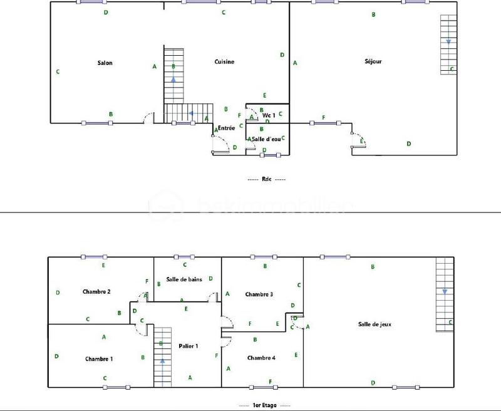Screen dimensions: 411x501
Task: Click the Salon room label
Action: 105,63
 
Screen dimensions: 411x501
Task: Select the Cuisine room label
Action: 224,61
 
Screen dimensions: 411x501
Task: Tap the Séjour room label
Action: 373,61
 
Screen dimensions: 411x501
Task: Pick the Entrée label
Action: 226,128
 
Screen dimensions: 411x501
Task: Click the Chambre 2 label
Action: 96,291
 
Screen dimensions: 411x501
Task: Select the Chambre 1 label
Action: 99,359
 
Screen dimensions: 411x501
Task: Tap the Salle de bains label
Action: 184,279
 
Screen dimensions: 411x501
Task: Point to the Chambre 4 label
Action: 261,358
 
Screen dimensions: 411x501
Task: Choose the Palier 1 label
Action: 189,346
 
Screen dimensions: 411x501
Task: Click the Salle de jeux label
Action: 375,324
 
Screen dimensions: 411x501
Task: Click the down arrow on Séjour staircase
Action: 448,42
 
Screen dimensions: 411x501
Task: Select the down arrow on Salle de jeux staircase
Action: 444,291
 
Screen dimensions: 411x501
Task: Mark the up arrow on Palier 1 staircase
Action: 162,362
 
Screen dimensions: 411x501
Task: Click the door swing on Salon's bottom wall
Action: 148,117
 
